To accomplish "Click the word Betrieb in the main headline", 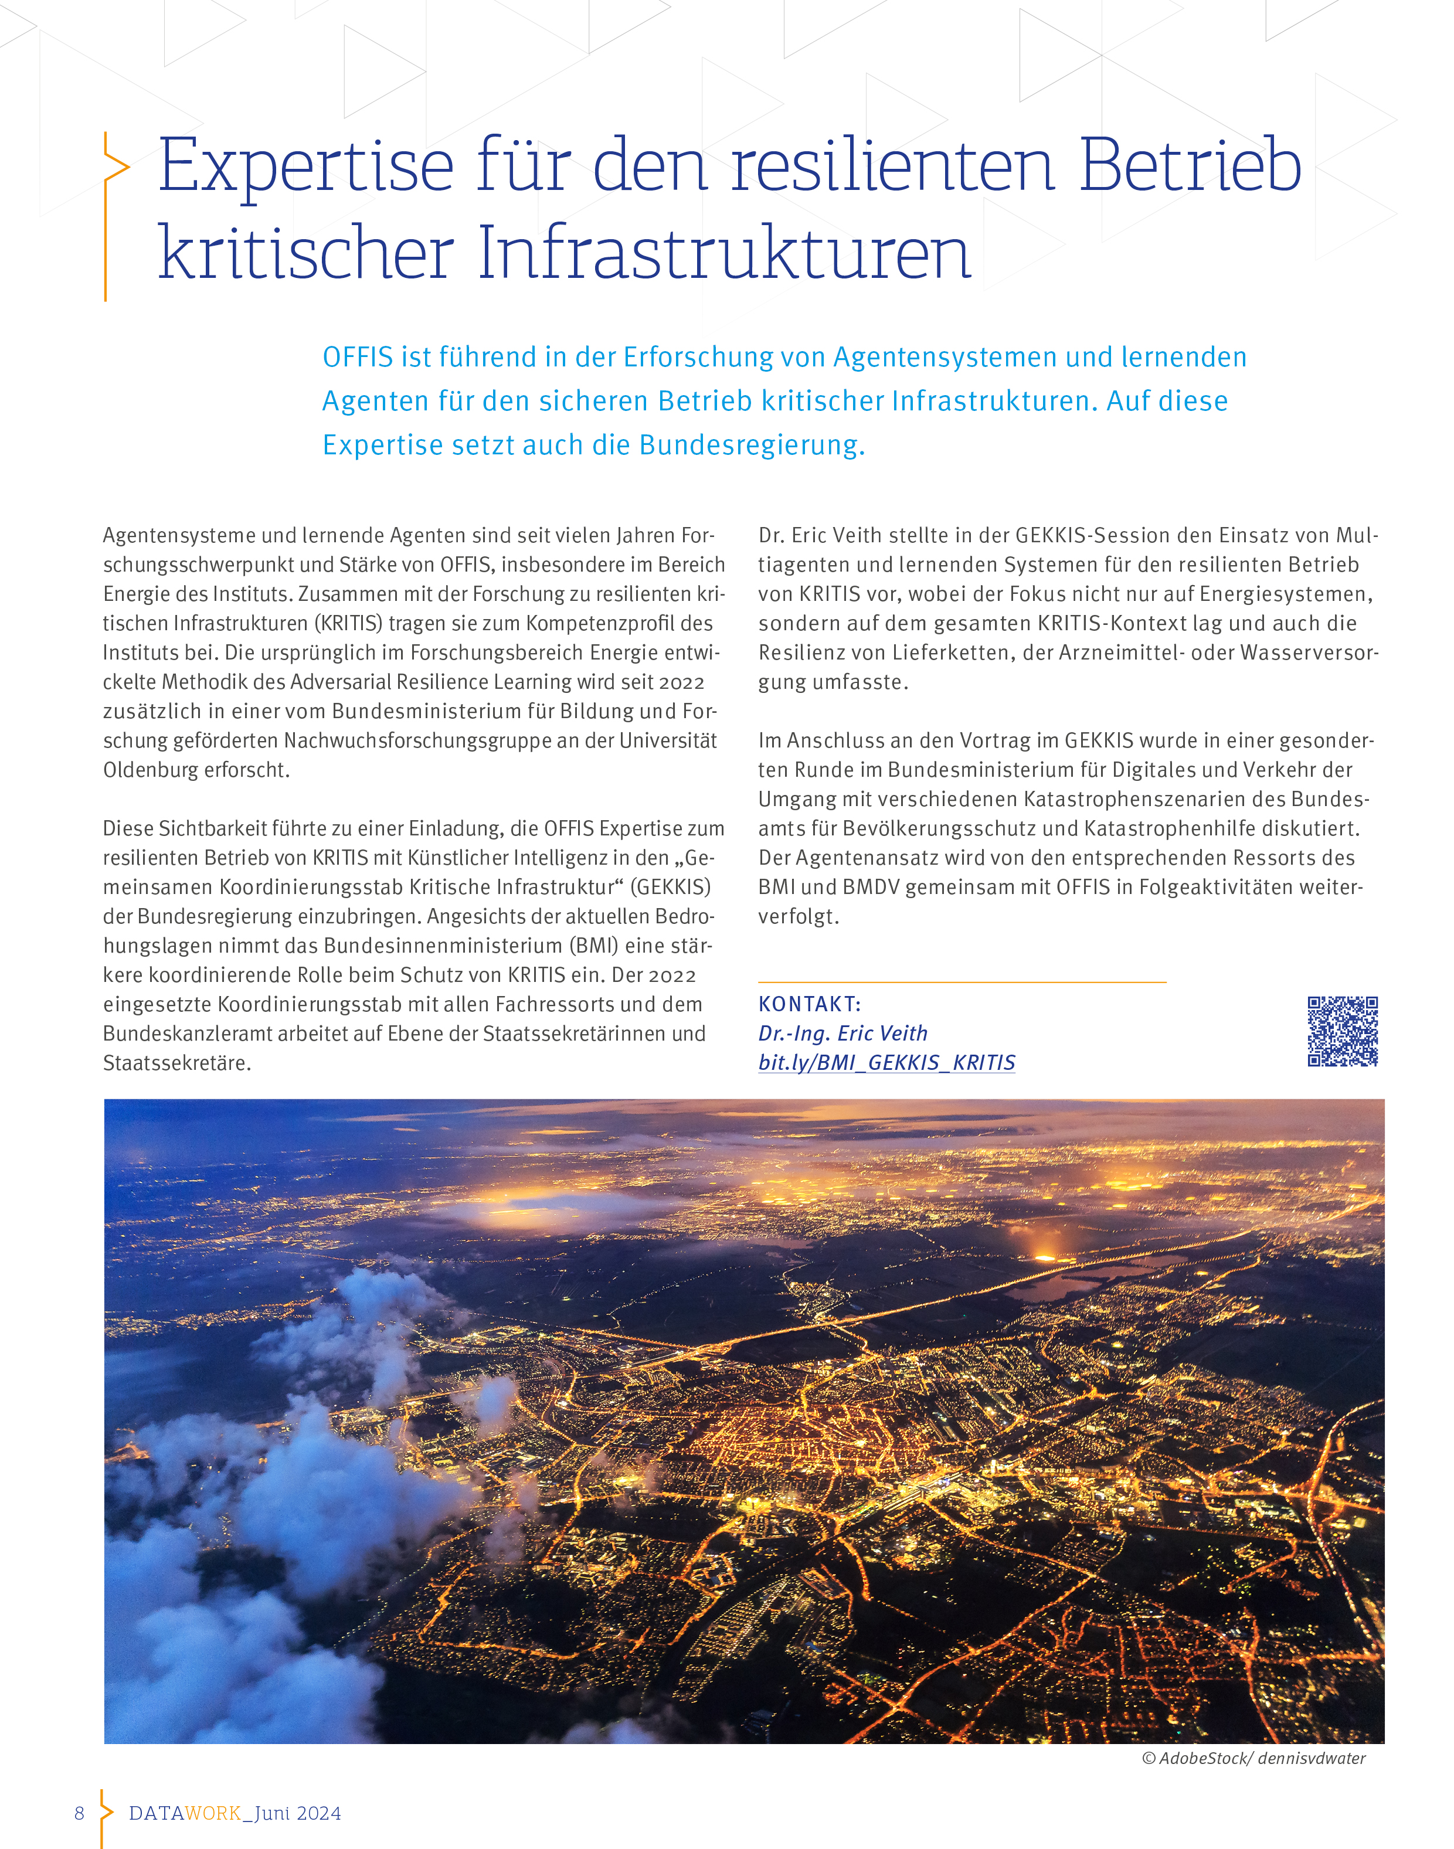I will [x=1190, y=165].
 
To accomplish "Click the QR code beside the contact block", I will [x=1343, y=1031].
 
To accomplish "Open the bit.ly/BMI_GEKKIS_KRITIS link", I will [x=886, y=1062].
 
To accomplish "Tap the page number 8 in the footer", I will [x=79, y=1813].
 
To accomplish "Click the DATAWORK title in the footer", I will [x=185, y=1813].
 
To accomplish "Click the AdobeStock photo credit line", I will [x=1253, y=1758].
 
